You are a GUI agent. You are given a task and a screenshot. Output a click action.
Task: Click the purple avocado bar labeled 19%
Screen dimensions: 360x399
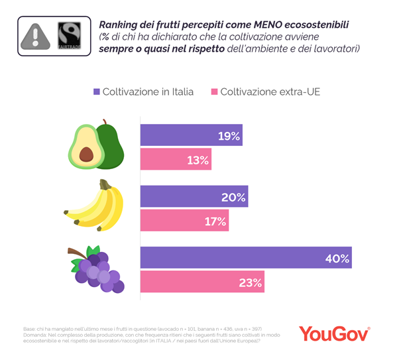pyautogui.click(x=191, y=135)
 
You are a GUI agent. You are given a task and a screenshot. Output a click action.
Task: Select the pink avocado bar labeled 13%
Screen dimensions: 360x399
pyautogui.click(x=176, y=160)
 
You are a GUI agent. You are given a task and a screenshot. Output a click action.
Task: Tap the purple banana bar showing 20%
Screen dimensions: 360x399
pyautogui.click(x=194, y=197)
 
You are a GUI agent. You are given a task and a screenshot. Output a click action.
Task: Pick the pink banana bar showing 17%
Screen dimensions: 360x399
pyautogui.click(x=184, y=221)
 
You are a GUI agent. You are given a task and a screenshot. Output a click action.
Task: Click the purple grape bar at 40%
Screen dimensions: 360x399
pyautogui.click(x=245, y=258)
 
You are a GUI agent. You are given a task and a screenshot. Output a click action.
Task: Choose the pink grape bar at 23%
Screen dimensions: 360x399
pyautogui.click(x=202, y=282)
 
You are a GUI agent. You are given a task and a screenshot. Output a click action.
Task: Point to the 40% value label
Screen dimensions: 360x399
pyautogui.click(x=337, y=258)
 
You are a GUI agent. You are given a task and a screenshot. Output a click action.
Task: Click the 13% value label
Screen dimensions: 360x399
pyautogui.click(x=198, y=160)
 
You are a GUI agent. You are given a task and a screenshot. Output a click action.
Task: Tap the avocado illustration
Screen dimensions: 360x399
pyautogui.click(x=97, y=145)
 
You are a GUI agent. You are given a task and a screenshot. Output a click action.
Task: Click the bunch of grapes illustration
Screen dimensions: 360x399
pyautogui.click(x=97, y=269)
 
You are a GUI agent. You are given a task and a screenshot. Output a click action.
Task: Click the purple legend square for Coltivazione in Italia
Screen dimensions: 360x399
pyautogui.click(x=97, y=91)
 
